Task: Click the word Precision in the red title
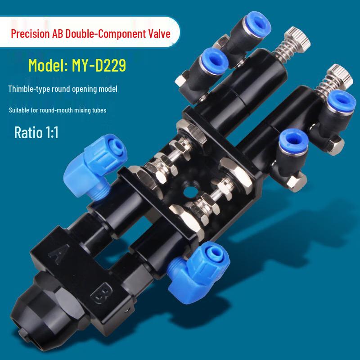coord(30,34)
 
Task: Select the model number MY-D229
coord(99,65)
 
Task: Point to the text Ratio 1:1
coord(36,132)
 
